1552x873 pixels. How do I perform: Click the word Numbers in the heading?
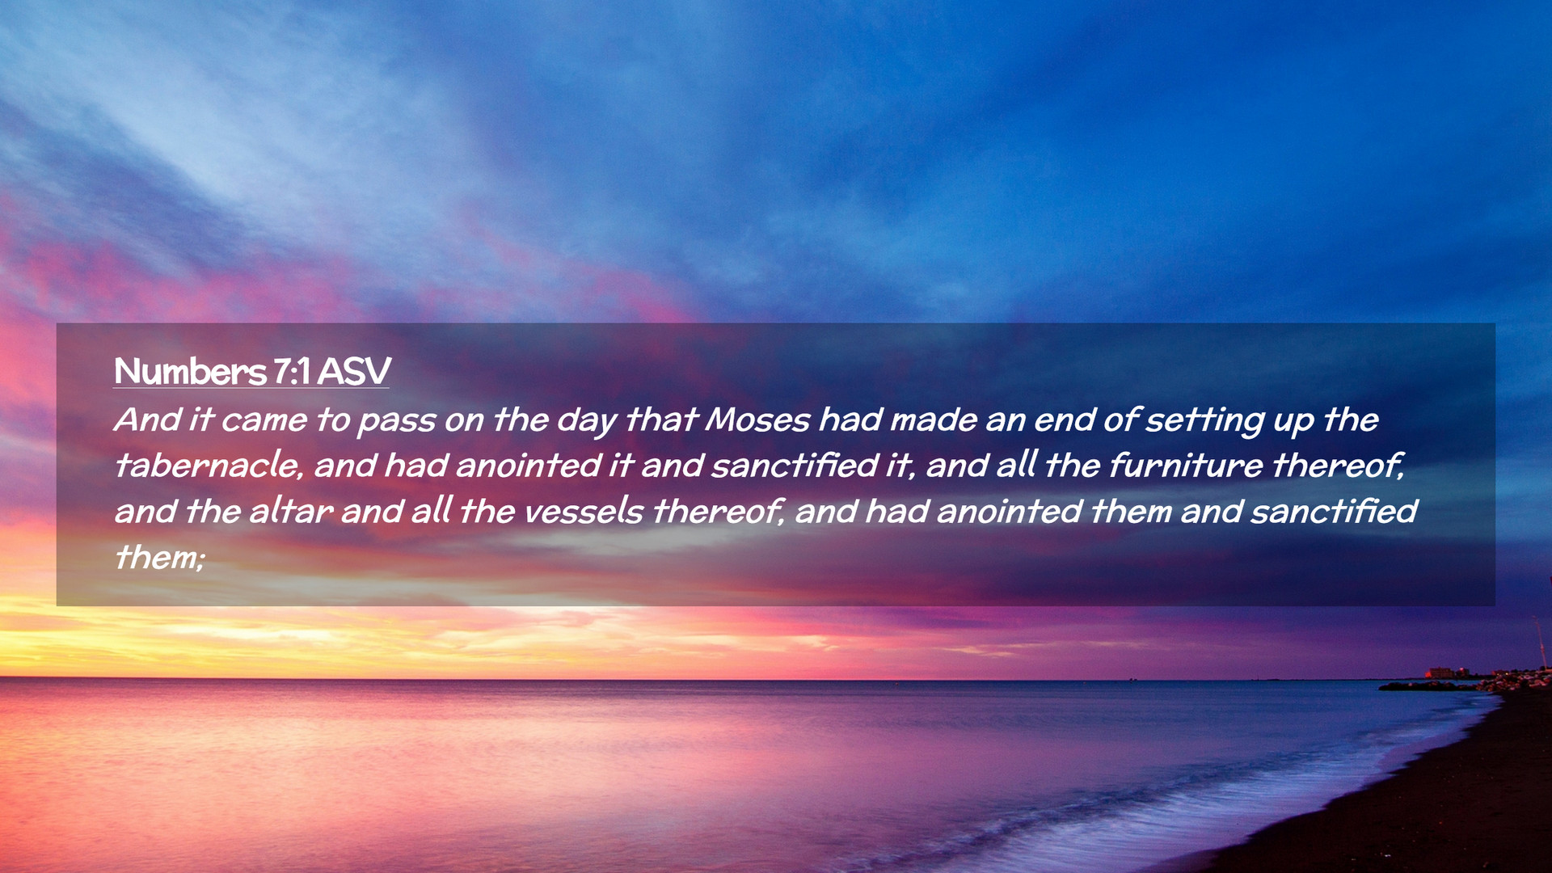pyautogui.click(x=190, y=372)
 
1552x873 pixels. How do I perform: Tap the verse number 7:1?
pyautogui.click(x=291, y=372)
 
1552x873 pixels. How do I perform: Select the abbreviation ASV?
pyautogui.click(x=354, y=372)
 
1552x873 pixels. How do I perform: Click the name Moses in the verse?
pyautogui.click(x=757, y=420)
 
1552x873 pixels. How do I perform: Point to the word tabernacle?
pyautogui.click(x=209, y=466)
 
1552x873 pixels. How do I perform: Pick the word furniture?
pyautogui.click(x=1185, y=466)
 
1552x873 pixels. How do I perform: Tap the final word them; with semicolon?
pyautogui.click(x=159, y=558)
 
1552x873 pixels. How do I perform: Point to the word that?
pyautogui.click(x=661, y=420)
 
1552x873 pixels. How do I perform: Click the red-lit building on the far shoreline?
pyautogui.click(x=1440, y=673)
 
